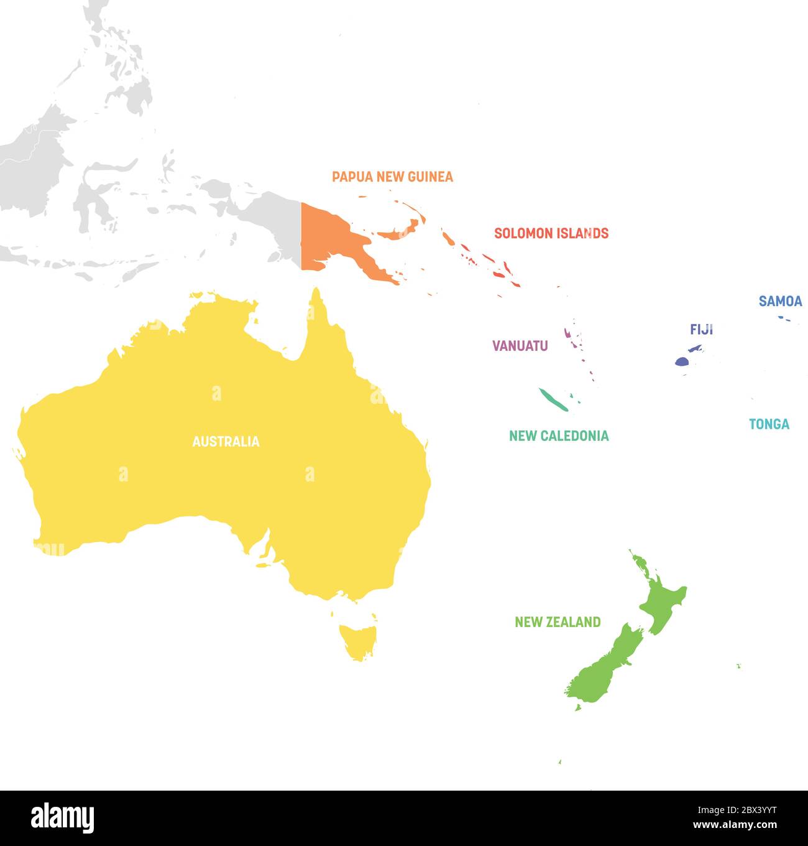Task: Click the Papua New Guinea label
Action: [392, 177]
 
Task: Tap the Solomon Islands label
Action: [551, 233]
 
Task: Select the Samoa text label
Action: [780, 301]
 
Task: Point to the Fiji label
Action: [701, 329]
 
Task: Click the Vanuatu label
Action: [520, 346]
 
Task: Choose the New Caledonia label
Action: [559, 435]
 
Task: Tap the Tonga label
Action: [769, 424]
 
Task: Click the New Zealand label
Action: [558, 621]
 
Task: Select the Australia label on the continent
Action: [226, 442]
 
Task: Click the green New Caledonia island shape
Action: [553, 399]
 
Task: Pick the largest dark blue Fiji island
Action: [682, 361]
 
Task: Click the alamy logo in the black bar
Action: [63, 817]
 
